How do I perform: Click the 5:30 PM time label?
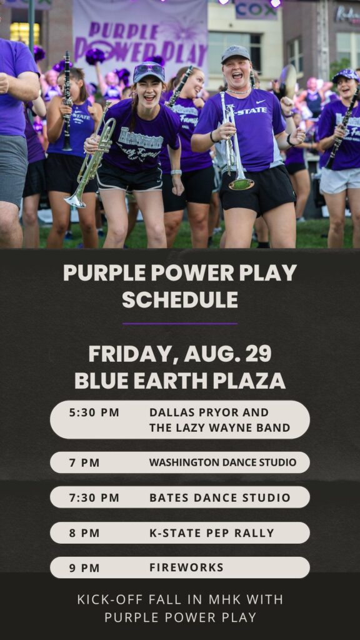click(94, 412)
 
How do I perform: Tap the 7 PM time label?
click(84, 463)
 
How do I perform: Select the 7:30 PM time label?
click(94, 497)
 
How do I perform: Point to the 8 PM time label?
click(84, 533)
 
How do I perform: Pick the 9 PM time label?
click(84, 567)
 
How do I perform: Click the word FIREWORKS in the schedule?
click(186, 567)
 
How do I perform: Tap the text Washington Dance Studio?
click(222, 462)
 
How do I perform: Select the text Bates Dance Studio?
click(219, 497)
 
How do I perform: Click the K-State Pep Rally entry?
click(212, 533)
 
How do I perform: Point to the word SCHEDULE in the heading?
click(180, 300)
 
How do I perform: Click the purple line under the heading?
click(180, 324)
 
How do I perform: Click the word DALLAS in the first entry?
click(171, 412)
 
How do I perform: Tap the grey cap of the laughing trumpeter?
click(235, 54)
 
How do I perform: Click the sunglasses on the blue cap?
click(149, 69)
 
